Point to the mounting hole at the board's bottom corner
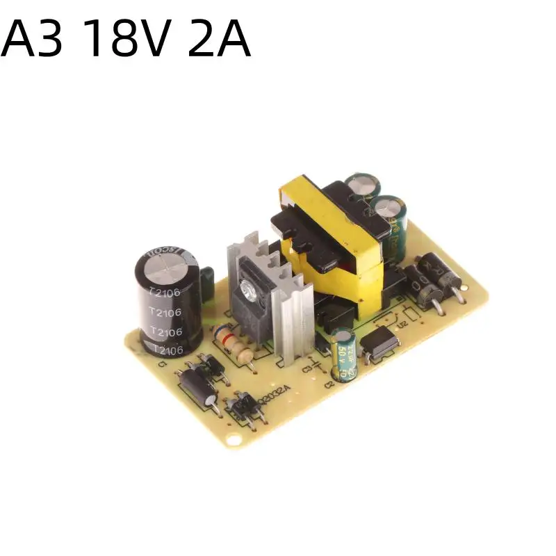click(x=236, y=439)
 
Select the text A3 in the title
click(x=35, y=42)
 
